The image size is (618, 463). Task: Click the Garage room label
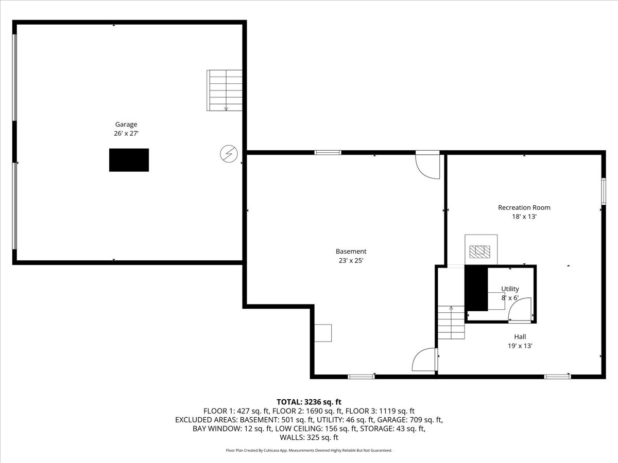126,124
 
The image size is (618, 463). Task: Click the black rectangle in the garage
129,160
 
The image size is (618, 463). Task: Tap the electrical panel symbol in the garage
228,153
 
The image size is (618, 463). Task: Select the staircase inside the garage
225,91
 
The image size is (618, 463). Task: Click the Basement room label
351,251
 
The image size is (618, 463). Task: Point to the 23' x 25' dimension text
351,260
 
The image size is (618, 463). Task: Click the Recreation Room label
524,207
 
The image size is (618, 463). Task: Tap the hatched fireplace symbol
480,252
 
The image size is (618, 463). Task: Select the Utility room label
510,289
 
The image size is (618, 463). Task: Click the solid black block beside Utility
476,289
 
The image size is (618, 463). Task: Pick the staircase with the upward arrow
451,323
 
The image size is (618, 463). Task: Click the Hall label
520,336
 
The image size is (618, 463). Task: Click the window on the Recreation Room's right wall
603,191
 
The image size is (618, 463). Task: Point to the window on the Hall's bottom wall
557,377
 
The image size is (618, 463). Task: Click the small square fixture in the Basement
323,333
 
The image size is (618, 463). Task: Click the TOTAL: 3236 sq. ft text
309,402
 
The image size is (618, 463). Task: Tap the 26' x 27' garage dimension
126,133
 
